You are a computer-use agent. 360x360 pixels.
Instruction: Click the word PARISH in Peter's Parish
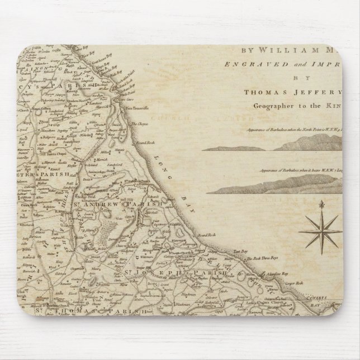pos(56,175)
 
